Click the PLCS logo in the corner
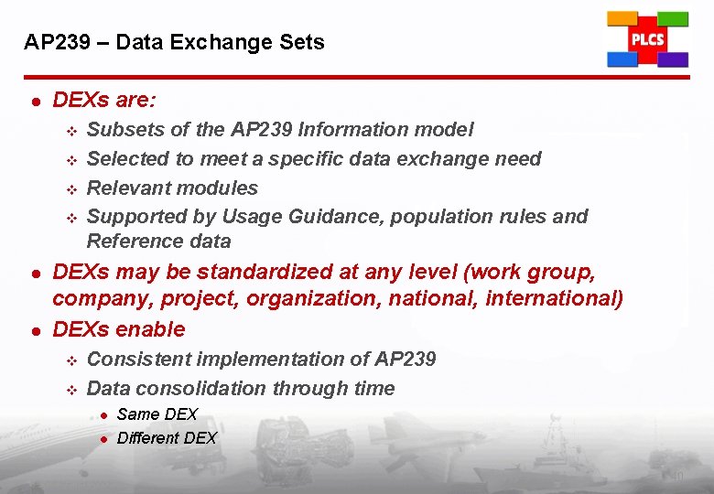tap(647, 39)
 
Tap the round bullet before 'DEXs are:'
tap(34, 100)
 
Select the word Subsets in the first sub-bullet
tap(124, 130)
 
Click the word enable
tap(150, 329)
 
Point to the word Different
tap(148, 438)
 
